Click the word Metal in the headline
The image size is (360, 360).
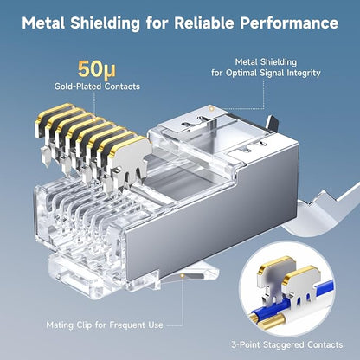pyautogui.click(x=44, y=22)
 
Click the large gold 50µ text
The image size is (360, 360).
pyautogui.click(x=97, y=70)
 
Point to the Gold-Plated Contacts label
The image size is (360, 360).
pyautogui.click(x=97, y=87)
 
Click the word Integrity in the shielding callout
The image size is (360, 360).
pyautogui.click(x=304, y=73)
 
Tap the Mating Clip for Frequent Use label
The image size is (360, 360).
pyautogui.click(x=105, y=325)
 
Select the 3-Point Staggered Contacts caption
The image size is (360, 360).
pyautogui.click(x=287, y=344)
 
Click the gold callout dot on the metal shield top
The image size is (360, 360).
pyautogui.click(x=211, y=109)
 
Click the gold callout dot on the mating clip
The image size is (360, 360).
pyautogui.click(x=182, y=276)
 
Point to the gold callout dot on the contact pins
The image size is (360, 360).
pyautogui.click(x=93, y=119)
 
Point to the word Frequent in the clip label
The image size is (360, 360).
pyautogui.click(x=127, y=325)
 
